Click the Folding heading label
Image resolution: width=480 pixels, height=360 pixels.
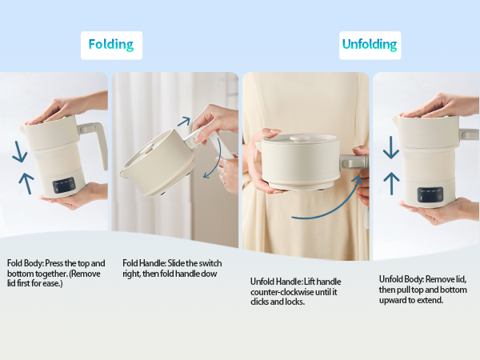(x=111, y=45)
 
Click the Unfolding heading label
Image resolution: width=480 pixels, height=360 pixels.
(x=370, y=45)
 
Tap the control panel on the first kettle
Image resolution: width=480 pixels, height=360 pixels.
(x=64, y=184)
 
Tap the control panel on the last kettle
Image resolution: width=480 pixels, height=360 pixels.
(x=429, y=194)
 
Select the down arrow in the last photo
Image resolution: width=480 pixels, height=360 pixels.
(x=390, y=146)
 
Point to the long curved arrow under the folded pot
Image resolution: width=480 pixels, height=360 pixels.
(x=320, y=210)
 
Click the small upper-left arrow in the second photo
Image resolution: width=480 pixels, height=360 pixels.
(x=183, y=122)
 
